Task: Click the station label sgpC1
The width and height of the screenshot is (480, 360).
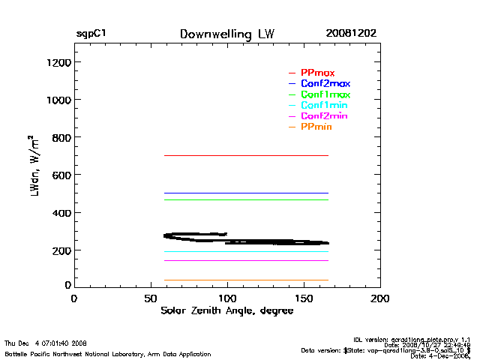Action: (91, 34)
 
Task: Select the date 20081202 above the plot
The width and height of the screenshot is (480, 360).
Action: (351, 34)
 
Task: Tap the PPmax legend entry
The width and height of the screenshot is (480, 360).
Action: (317, 73)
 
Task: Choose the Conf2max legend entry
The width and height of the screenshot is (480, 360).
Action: (325, 83)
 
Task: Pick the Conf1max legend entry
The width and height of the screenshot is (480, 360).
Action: (325, 94)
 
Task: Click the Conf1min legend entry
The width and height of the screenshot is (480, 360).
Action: (324, 106)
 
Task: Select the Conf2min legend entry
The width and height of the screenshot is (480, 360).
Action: (324, 116)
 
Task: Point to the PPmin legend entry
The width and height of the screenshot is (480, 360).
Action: (316, 127)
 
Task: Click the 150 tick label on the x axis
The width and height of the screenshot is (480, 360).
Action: (304, 298)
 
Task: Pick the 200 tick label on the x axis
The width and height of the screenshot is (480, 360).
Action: (380, 298)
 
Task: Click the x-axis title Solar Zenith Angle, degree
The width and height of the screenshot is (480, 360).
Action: (226, 310)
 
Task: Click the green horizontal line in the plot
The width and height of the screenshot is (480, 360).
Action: (247, 199)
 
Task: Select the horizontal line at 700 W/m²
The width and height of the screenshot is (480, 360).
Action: (247, 155)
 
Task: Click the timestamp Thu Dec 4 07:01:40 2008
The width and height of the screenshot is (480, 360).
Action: (46, 343)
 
